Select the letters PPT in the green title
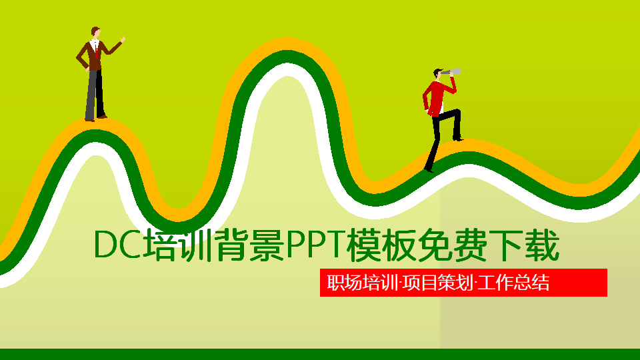[314, 245]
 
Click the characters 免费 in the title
[453, 245]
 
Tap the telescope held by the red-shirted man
[453, 71]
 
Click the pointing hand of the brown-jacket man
[123, 40]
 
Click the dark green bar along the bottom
[320, 354]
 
